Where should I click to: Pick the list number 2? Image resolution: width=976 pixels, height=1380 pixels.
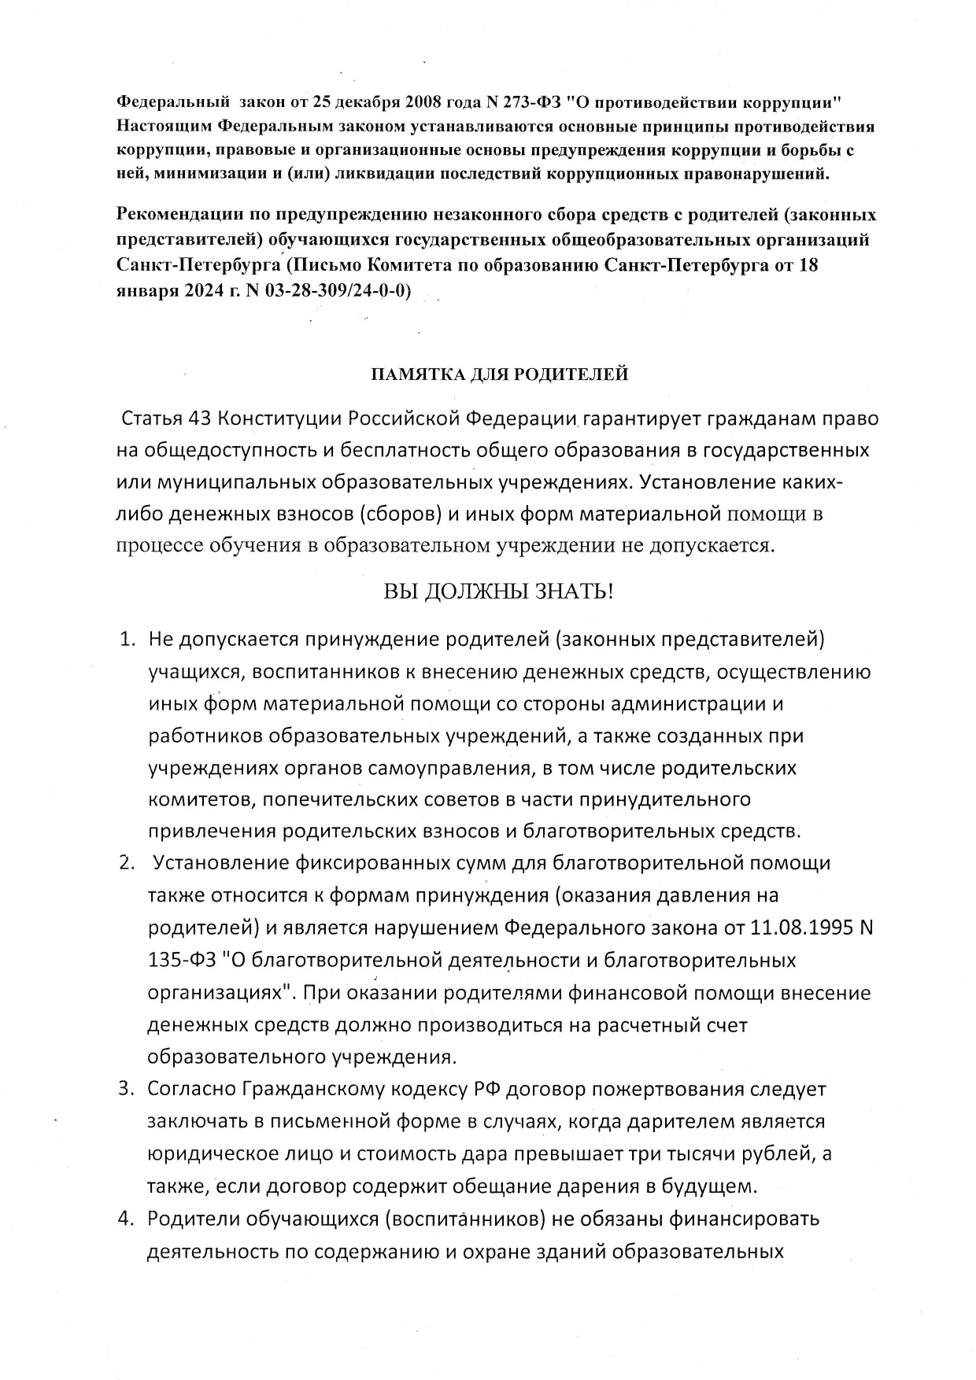tap(126, 863)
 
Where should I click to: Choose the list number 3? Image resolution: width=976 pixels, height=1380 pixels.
tap(126, 1090)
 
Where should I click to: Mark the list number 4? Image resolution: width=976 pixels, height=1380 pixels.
tap(126, 1219)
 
